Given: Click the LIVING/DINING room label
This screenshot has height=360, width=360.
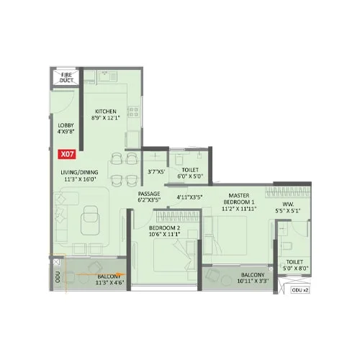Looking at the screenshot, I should (x=78, y=177).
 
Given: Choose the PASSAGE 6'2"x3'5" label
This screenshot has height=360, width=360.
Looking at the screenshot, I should (x=150, y=197).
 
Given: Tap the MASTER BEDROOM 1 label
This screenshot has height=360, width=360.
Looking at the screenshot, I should (x=238, y=200).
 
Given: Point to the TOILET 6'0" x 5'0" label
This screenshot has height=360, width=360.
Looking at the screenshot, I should (x=190, y=172).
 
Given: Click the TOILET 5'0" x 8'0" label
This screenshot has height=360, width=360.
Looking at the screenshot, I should (x=295, y=266).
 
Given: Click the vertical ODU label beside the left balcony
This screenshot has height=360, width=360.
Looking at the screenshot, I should (x=56, y=276).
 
